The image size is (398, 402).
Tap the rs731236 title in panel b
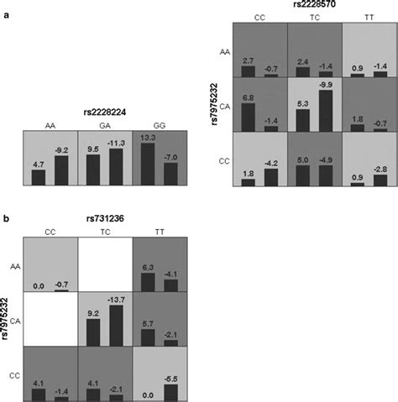coord(104,220)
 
